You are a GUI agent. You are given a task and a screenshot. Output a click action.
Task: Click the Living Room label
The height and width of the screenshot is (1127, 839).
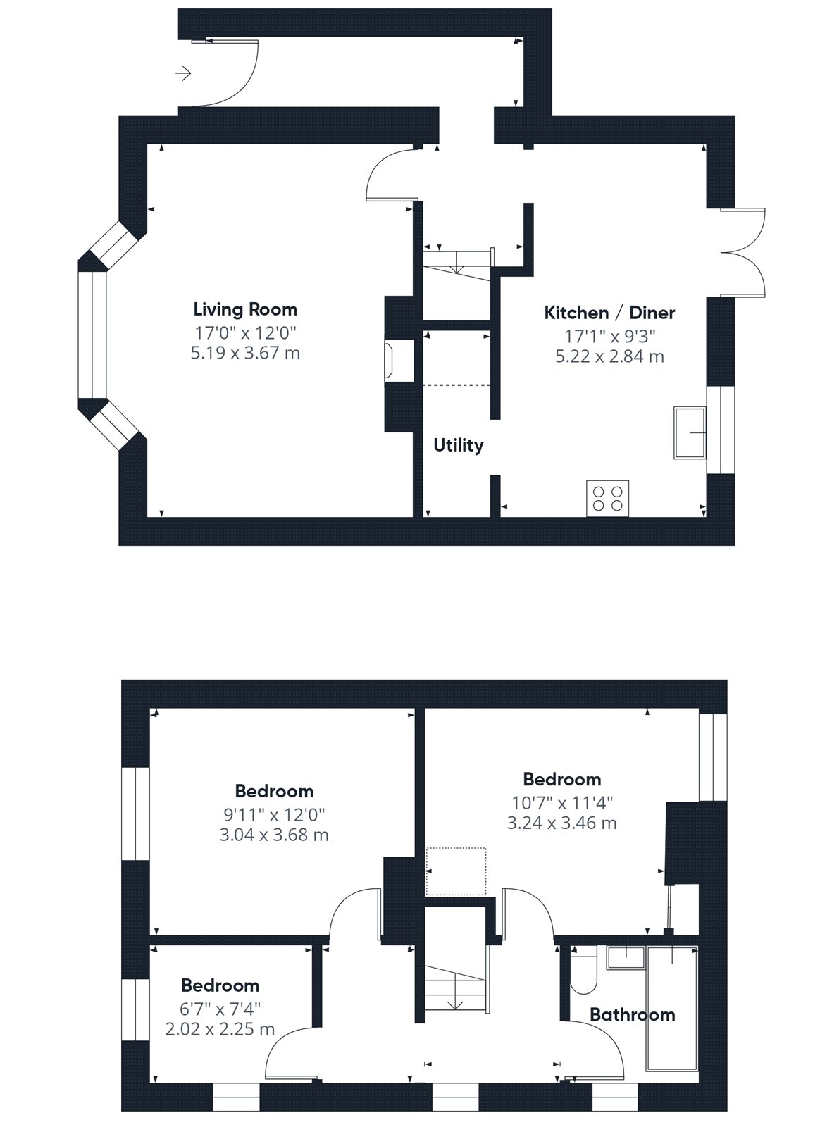coord(245,309)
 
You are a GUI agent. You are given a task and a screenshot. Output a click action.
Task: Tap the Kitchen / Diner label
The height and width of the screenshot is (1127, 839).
coord(609,313)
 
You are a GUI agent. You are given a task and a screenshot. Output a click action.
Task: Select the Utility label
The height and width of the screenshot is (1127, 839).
coord(459,445)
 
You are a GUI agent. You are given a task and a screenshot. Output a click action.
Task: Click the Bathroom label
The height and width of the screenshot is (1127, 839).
coord(632,1015)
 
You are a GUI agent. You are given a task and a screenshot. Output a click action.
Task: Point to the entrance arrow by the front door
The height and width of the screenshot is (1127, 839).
coord(183,74)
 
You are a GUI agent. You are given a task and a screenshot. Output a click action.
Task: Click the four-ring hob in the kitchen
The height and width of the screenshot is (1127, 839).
coord(608,499)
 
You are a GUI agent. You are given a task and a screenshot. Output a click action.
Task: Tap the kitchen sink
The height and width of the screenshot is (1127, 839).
coord(690,433)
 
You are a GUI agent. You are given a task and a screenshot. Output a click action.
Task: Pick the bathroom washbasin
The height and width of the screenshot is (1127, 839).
coord(626,958)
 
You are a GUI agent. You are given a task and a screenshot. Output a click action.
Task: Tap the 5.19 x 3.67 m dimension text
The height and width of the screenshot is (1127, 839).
coord(245,353)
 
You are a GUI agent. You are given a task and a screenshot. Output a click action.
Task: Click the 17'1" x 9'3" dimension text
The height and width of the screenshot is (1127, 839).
coord(610,336)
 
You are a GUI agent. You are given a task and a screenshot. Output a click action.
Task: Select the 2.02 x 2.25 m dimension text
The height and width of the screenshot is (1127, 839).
coord(220,1029)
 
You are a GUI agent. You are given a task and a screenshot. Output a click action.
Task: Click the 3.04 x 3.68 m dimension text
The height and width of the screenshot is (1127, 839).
coord(275,835)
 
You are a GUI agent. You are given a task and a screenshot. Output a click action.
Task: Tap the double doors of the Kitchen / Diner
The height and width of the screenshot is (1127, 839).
coord(742,253)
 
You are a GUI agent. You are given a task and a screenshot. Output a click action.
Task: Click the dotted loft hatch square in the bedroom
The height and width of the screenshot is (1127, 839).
coord(456,871)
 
